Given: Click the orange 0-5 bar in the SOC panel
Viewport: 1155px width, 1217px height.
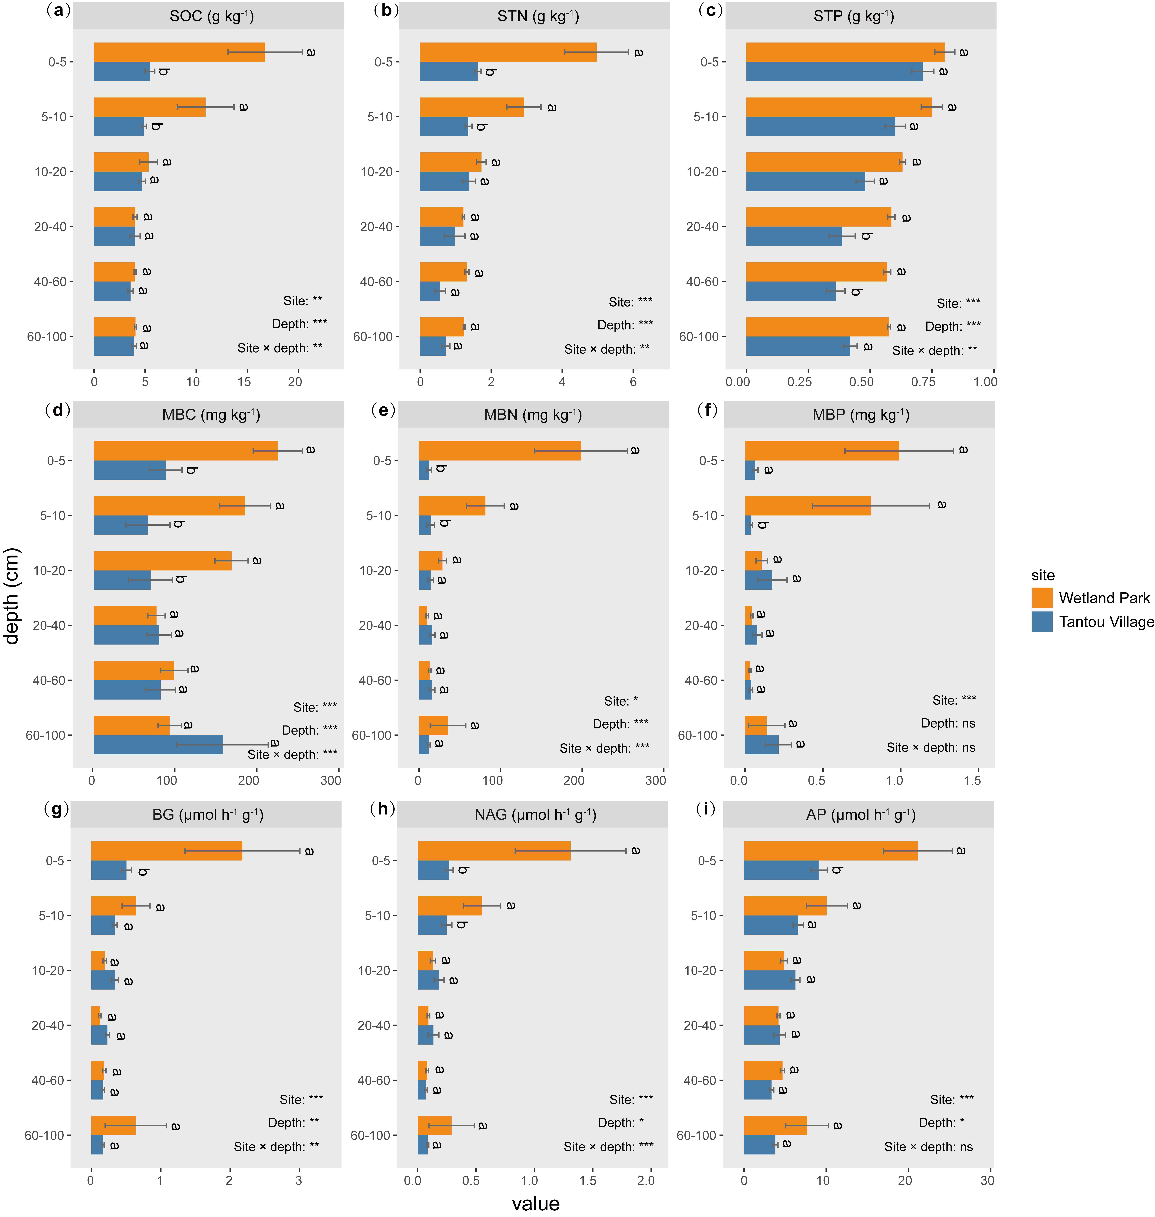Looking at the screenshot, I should pos(179,52).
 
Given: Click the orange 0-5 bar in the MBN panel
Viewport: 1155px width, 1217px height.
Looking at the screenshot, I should pos(499,451).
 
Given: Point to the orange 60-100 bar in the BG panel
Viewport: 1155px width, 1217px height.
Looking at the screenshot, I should pos(113,1125).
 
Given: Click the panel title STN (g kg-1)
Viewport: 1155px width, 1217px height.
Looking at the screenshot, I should pos(537,16).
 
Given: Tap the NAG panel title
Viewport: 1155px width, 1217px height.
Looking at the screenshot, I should pos(535,815).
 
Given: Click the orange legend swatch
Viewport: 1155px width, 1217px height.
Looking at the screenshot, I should pos(1042,598).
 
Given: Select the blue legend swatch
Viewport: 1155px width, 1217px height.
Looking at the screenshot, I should pos(1042,621).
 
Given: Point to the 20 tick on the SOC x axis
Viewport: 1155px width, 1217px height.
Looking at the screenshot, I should pos(295,382).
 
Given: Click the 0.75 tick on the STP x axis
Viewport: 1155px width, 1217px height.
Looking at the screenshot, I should pos(923,382).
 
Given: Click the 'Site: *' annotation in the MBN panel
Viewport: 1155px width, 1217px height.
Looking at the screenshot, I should pos(621,701).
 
